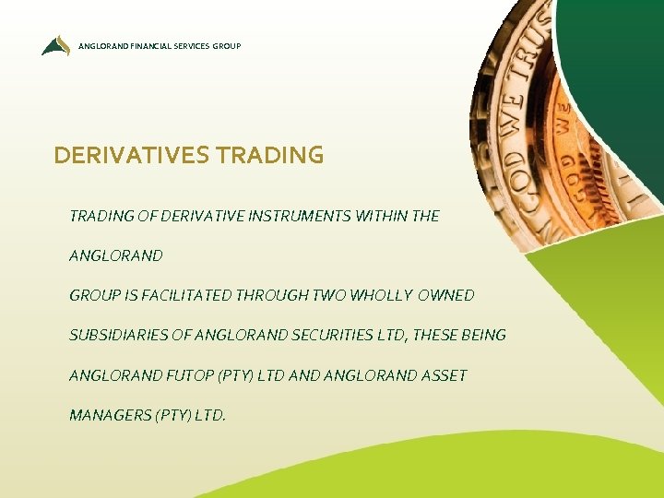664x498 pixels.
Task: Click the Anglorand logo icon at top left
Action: coord(55,45)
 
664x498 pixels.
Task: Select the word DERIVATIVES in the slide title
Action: coord(131,155)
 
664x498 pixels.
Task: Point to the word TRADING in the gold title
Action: coord(268,155)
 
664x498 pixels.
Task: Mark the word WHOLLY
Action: coord(383,295)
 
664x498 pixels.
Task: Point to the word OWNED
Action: coord(446,295)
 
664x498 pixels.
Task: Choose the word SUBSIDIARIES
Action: coord(118,335)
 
